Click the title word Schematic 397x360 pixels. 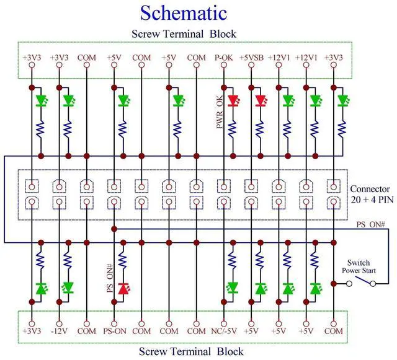(183, 12)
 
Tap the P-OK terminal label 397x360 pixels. (223, 58)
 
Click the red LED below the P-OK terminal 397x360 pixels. (233, 100)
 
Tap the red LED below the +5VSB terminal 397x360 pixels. (261, 100)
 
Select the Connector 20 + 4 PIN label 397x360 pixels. (370, 195)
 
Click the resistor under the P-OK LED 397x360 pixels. (233, 128)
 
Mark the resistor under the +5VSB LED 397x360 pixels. (261, 128)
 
